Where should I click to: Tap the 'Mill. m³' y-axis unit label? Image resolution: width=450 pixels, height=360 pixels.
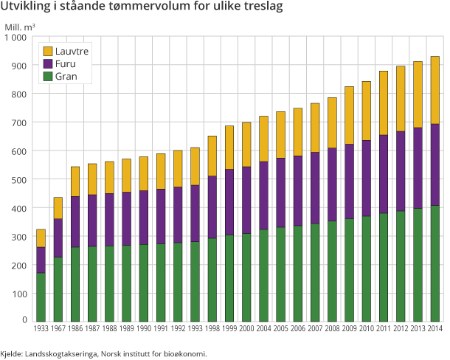[x=20, y=27]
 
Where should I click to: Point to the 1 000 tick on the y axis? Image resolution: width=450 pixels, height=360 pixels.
[x=14, y=37]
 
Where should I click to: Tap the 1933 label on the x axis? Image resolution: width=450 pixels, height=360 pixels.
[x=41, y=328]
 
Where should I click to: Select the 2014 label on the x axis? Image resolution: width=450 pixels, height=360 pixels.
[x=436, y=328]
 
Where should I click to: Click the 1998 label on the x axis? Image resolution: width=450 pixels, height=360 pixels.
[x=212, y=328]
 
